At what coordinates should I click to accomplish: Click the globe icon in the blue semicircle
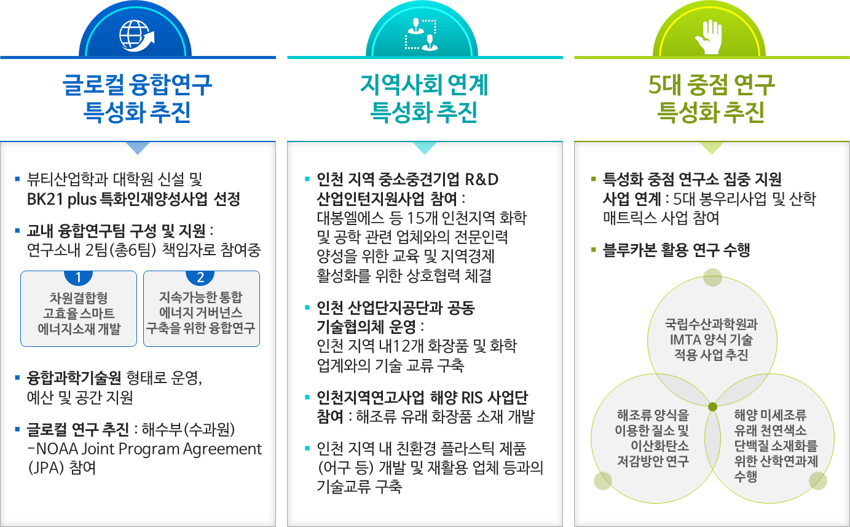point(136,36)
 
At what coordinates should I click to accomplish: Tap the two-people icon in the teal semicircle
point(421,34)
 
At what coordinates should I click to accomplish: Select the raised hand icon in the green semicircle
point(708,37)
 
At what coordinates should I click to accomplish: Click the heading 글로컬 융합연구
point(137,84)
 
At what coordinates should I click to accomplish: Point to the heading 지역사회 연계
point(424,84)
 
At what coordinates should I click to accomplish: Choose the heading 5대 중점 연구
point(712,84)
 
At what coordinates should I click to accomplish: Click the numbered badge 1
point(79,277)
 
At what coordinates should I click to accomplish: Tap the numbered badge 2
point(200,277)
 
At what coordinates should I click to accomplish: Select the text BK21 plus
point(61,199)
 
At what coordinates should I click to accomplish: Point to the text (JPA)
point(46,468)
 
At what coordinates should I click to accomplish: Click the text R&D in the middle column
point(481,179)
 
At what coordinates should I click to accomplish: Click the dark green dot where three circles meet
point(712,406)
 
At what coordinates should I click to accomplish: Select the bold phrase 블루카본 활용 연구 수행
point(676,250)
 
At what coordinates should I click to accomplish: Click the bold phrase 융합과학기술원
point(74,378)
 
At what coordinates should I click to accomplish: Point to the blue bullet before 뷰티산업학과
point(17,178)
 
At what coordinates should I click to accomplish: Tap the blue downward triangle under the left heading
point(138,148)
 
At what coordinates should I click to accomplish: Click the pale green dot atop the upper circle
point(712,277)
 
